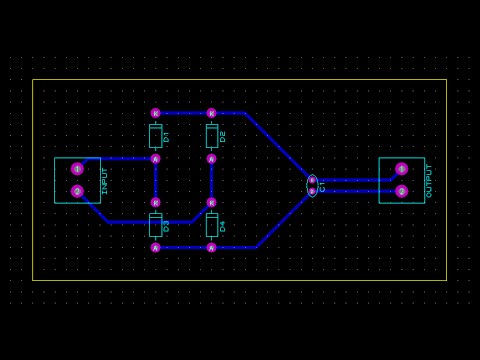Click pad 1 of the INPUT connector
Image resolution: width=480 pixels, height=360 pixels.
tap(77, 169)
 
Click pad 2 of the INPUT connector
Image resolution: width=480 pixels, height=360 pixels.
tap(77, 191)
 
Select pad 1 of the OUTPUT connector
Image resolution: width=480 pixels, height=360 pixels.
tap(401, 169)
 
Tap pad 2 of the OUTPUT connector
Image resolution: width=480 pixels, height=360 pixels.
tap(401, 191)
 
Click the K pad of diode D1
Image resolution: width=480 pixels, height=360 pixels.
tap(155, 113)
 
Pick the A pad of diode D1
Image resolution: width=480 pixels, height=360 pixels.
tap(155, 158)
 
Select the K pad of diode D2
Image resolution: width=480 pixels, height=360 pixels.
tap(211, 113)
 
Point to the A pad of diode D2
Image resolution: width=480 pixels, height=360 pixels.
tap(211, 158)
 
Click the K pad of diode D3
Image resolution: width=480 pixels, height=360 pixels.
tap(155, 202)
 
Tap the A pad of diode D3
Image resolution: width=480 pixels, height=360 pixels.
tap(155, 247)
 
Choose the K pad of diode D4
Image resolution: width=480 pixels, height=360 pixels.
tap(211, 202)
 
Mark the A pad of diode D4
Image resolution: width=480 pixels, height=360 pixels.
tap(211, 247)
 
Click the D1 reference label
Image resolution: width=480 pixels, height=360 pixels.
tap(166, 136)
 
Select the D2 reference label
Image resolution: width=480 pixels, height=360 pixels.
tap(222, 136)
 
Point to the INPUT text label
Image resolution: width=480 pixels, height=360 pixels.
tap(104, 181)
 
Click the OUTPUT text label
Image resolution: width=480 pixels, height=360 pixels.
tap(429, 181)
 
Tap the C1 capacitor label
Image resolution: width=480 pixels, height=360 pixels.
tap(322, 186)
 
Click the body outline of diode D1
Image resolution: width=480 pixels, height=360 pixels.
tap(155, 136)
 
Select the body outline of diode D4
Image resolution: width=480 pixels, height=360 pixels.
tap(211, 225)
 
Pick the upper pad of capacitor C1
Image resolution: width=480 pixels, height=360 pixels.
tap(312, 180)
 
